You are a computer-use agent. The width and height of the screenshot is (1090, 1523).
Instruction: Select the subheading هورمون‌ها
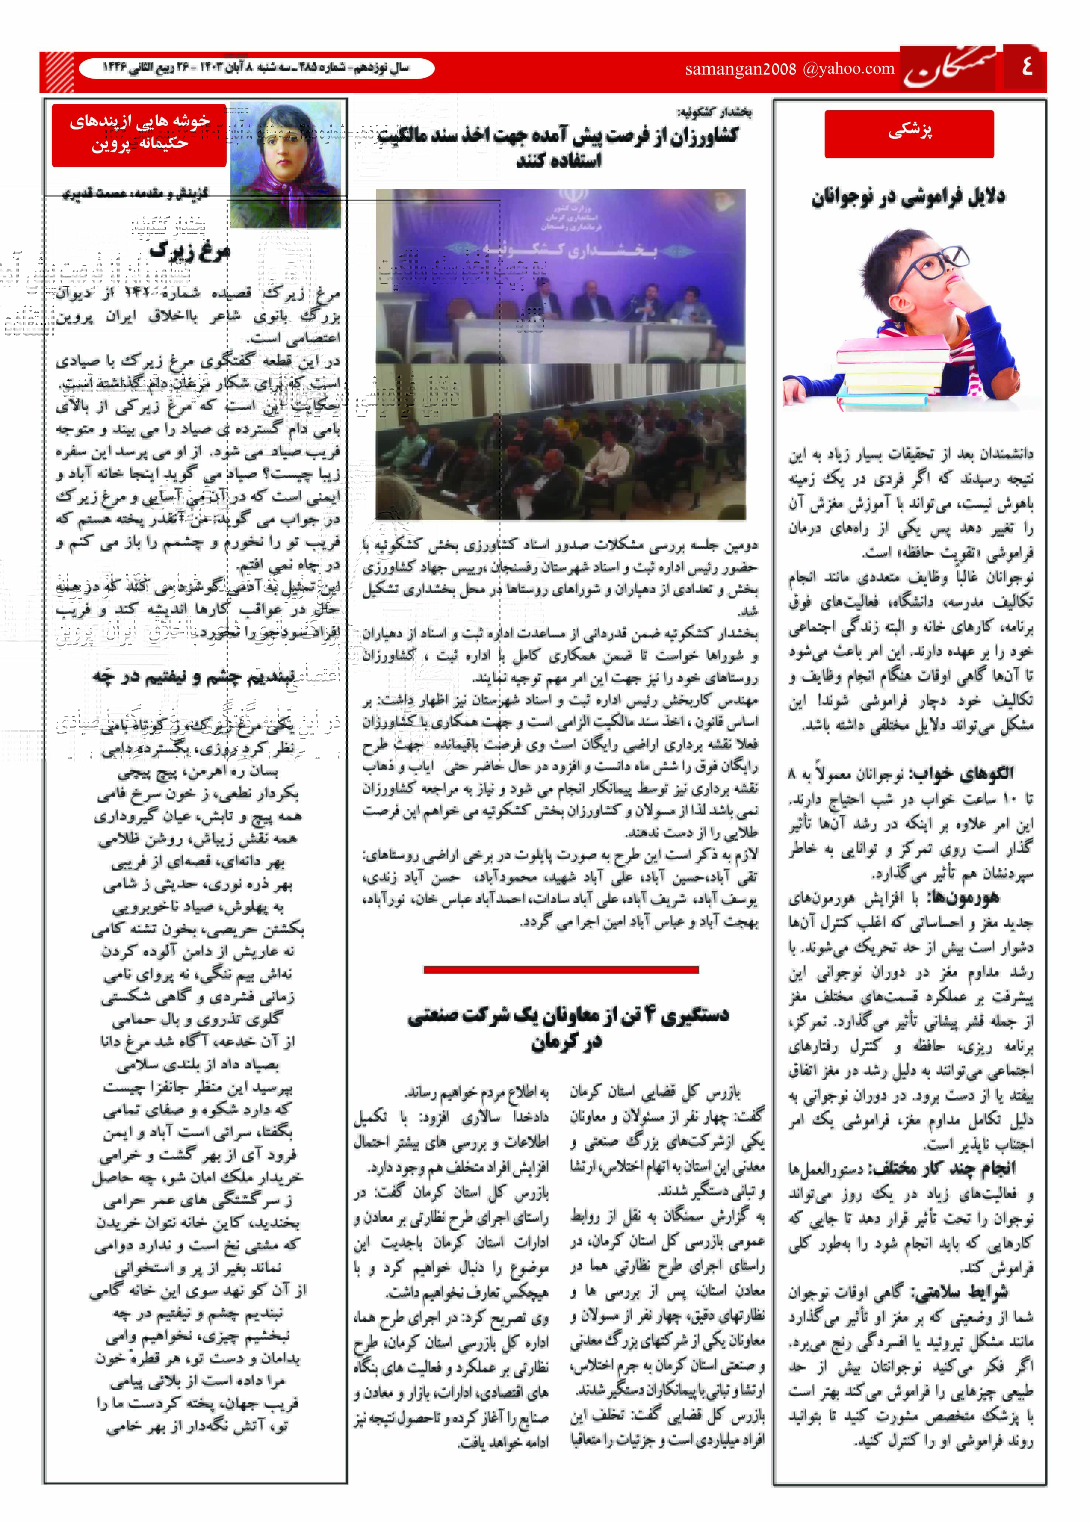(x=962, y=897)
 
